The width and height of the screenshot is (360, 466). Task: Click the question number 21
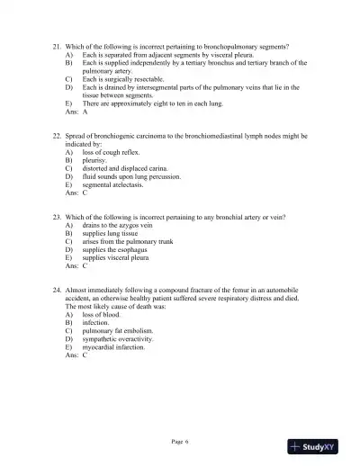pos(58,45)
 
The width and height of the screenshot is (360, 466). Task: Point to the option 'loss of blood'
pos(102,316)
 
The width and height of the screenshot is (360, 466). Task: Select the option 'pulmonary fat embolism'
pos(118,331)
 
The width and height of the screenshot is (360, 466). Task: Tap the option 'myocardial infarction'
pos(117,347)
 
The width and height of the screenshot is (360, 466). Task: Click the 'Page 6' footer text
pos(179,441)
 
